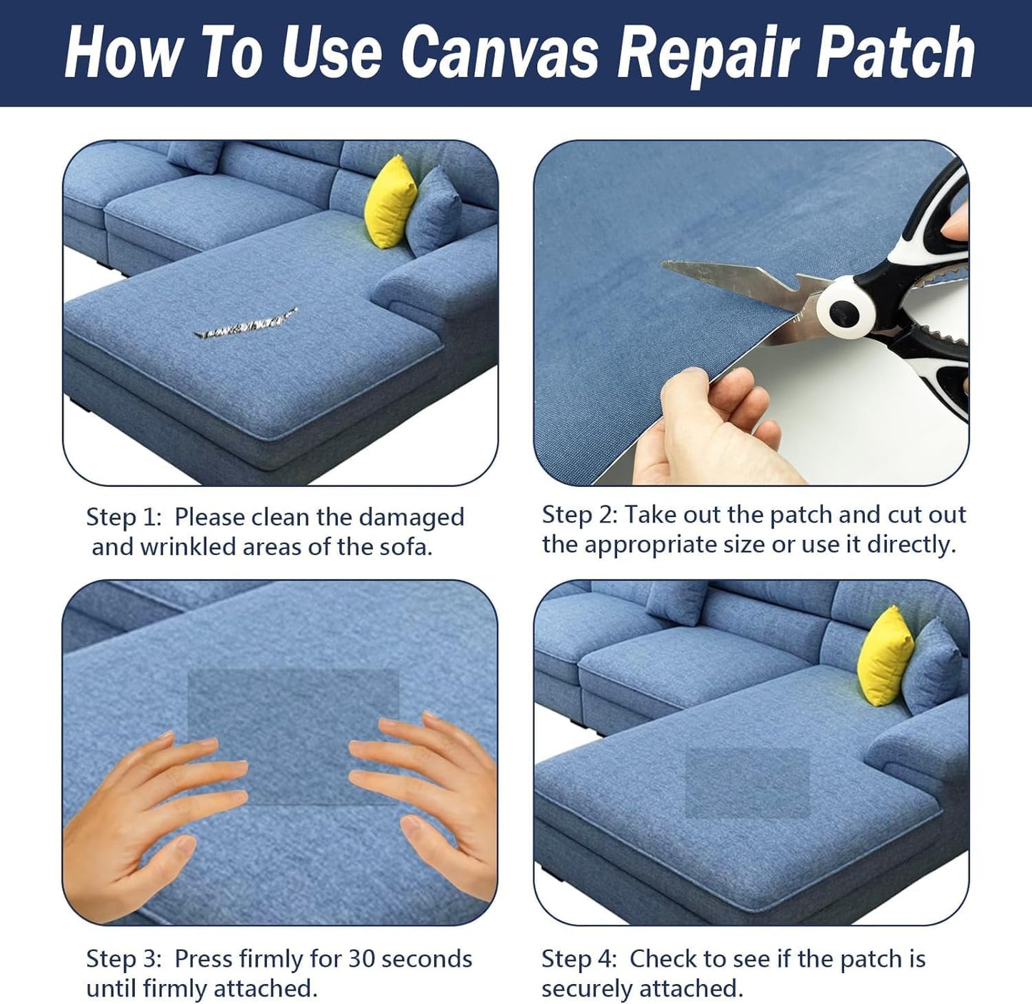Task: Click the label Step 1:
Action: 124,517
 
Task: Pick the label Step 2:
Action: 579,515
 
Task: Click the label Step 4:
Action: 579,958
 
